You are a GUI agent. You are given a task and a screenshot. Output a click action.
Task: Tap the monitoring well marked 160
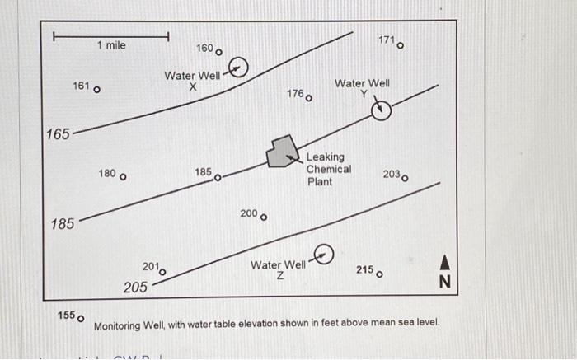point(218,53)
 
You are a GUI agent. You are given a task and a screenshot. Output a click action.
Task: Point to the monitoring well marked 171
point(401,46)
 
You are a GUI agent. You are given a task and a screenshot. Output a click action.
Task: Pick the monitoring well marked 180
point(124,176)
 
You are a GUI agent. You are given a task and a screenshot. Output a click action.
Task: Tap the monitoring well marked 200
point(263,217)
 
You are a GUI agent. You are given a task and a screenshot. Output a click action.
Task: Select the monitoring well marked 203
point(405,178)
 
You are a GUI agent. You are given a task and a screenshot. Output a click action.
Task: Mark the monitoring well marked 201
point(162,272)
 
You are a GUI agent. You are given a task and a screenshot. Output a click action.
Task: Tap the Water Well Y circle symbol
point(379,110)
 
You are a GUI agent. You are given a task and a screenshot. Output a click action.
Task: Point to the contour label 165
point(58,134)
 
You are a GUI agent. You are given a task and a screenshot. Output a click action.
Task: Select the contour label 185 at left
point(62,224)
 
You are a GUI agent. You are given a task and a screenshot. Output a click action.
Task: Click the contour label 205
point(135,288)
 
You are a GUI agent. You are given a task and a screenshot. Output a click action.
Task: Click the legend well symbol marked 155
point(80,318)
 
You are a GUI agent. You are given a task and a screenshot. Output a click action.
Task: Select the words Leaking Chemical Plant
point(329,169)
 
